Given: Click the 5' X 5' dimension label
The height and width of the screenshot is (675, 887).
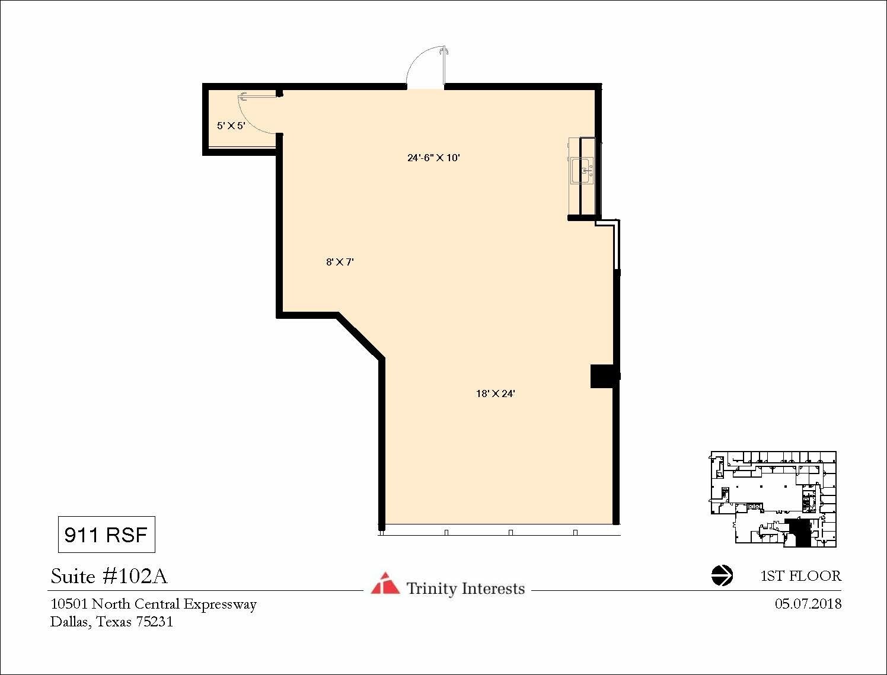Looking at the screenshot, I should [x=231, y=126].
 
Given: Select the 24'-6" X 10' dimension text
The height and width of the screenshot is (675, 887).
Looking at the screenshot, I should [x=433, y=158].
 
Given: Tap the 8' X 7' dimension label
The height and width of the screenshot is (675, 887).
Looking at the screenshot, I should [x=340, y=262].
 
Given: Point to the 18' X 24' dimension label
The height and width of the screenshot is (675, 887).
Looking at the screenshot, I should [x=495, y=394].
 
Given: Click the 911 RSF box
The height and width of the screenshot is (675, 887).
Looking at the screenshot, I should [x=106, y=535].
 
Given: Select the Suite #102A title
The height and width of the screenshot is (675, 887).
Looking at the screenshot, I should [x=109, y=576].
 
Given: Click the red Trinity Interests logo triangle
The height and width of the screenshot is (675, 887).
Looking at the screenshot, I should [x=385, y=584].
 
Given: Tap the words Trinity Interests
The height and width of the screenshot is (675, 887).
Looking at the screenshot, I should [x=465, y=588].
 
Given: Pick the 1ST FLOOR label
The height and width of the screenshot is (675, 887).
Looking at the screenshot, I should [x=800, y=576].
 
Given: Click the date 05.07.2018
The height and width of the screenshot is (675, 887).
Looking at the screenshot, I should [x=808, y=604].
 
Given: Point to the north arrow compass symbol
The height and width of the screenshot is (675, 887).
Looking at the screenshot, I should [x=722, y=575].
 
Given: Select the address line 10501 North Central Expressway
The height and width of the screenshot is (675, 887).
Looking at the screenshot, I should [x=154, y=604].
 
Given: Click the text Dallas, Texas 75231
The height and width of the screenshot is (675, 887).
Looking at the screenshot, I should [x=111, y=622].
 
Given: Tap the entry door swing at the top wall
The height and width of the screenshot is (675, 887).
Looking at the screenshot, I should [x=424, y=66].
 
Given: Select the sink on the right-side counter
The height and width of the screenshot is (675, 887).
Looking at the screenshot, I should [x=582, y=171].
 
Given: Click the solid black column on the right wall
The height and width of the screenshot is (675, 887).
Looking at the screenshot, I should [x=604, y=376].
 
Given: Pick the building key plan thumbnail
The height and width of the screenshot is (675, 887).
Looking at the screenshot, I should [x=773, y=499].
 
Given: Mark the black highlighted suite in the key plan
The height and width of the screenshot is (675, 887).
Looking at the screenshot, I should [x=800, y=532].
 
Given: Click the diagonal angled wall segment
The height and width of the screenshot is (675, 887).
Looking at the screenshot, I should [x=360, y=335].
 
